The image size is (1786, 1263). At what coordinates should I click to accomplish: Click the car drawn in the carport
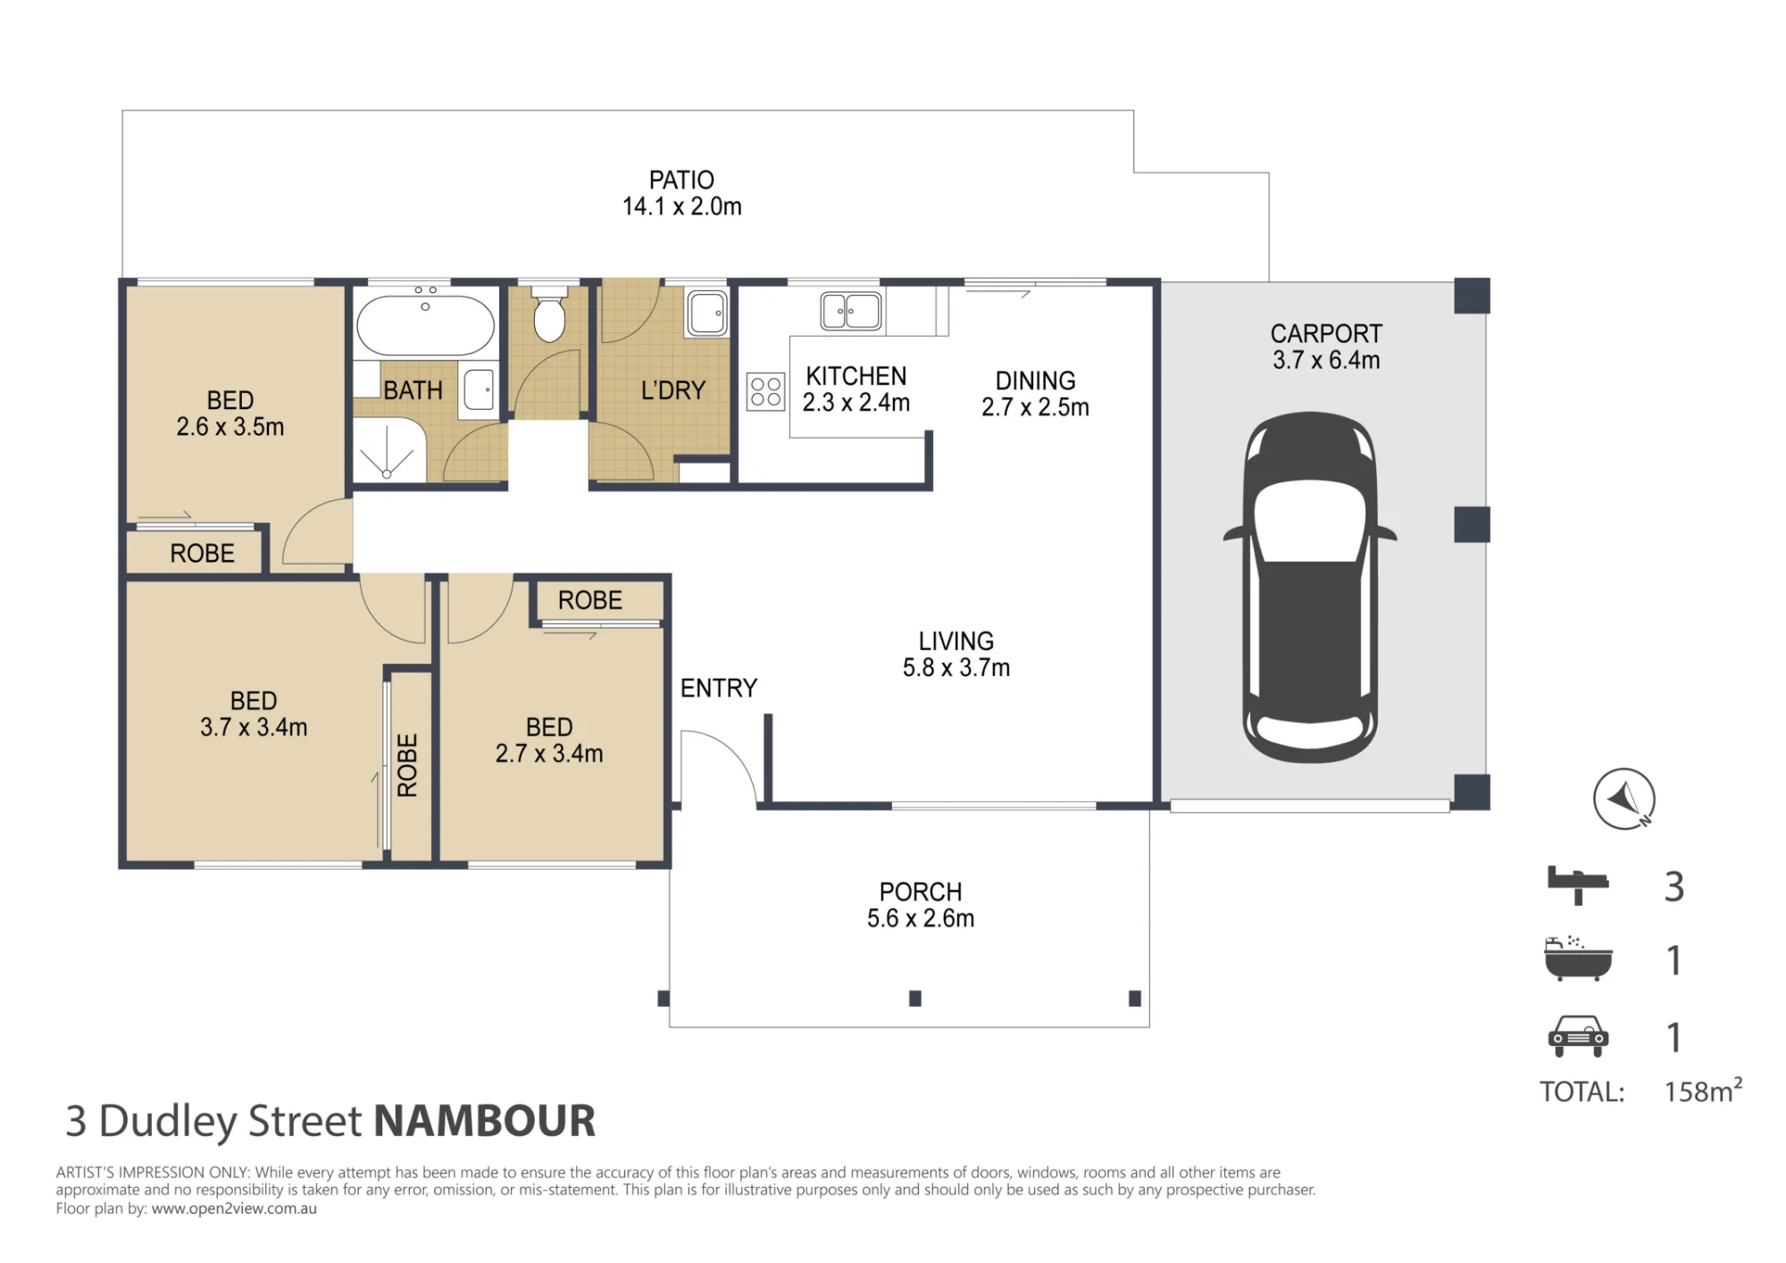[1310, 587]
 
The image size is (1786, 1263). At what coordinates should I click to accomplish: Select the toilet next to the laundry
[549, 314]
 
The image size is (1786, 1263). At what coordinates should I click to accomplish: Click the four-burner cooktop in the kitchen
[765, 391]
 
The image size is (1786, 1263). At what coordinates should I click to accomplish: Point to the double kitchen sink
[851, 311]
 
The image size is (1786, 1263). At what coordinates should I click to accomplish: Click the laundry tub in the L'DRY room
[707, 313]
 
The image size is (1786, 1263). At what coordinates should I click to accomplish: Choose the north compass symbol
[1624, 799]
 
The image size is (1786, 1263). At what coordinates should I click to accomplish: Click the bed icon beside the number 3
[1578, 884]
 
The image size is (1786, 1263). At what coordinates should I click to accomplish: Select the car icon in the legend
[1578, 1036]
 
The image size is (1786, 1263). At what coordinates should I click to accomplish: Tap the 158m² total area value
[1703, 1090]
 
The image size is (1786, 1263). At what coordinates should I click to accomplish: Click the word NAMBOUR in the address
[484, 1121]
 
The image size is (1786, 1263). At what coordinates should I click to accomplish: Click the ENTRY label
[719, 688]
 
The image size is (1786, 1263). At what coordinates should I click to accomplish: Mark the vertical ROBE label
[407, 765]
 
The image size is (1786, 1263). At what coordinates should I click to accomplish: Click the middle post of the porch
[914, 999]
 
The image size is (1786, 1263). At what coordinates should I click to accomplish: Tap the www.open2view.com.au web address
[234, 1209]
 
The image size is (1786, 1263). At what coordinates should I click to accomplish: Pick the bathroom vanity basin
[480, 390]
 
